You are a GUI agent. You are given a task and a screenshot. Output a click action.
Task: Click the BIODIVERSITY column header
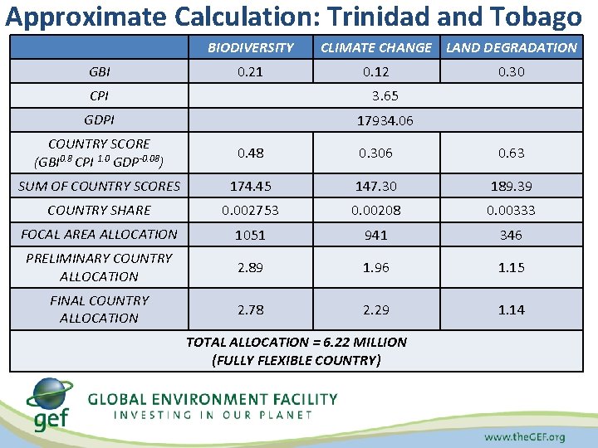(x=250, y=47)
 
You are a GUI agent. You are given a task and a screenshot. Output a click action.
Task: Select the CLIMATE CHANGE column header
(x=375, y=47)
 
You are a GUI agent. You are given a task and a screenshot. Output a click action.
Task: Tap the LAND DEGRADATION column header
(x=511, y=47)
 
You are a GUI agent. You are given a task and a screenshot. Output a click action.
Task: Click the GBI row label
(x=99, y=71)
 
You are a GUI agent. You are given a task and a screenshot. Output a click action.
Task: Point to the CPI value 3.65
(x=385, y=96)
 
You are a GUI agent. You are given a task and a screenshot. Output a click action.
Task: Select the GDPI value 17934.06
(x=385, y=121)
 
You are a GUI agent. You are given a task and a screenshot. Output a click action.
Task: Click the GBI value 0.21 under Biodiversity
(x=250, y=71)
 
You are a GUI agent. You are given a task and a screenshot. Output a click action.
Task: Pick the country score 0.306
(x=375, y=153)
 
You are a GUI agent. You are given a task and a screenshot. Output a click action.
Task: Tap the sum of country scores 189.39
(x=511, y=186)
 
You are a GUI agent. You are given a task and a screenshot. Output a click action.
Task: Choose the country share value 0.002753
(x=250, y=211)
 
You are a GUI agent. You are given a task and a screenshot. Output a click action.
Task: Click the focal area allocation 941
(x=375, y=235)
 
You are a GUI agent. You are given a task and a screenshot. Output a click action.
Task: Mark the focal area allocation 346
(x=511, y=235)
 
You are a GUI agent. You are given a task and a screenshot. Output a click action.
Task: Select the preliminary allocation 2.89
(x=250, y=268)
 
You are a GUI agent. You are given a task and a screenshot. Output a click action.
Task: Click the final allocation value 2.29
(x=375, y=309)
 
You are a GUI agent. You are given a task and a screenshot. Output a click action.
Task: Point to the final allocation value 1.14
(x=511, y=309)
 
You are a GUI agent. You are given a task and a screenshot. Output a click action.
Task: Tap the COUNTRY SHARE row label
(x=99, y=211)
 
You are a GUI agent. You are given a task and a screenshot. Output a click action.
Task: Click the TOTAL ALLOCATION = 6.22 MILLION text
(x=297, y=342)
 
